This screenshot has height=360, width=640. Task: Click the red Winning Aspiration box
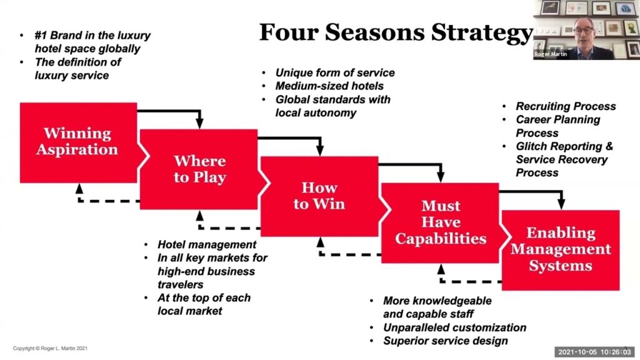point(78,142)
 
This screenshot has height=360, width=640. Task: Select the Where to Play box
point(199,169)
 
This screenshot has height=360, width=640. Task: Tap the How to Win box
point(319,195)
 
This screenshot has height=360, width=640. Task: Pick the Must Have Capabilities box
point(440,222)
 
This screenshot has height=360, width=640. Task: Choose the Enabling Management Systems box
point(561,249)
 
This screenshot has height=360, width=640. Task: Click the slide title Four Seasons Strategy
point(395,32)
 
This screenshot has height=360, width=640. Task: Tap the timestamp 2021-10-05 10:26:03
point(594,352)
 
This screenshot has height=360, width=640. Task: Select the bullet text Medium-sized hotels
point(329,86)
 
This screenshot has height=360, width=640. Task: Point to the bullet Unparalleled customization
point(454,327)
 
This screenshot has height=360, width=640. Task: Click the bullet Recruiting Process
point(566,106)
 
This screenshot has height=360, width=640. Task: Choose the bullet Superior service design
point(445,341)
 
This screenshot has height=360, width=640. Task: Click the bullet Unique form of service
point(335,72)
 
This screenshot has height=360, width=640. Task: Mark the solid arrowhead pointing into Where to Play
point(199,124)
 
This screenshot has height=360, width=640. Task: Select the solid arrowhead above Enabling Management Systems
point(561,204)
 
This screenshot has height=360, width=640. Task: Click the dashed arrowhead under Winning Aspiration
point(79,188)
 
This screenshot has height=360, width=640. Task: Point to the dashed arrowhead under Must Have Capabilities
point(441,269)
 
